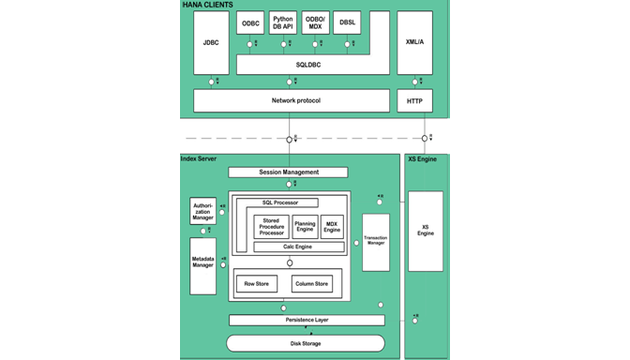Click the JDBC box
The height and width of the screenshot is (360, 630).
[212, 43]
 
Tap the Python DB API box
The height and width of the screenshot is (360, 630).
[283, 22]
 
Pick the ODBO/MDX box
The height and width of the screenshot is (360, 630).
[315, 22]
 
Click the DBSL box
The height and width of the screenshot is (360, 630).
[348, 23]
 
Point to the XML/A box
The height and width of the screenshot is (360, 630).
[414, 43]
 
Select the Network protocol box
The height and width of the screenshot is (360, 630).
[292, 100]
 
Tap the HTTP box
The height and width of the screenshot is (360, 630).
[414, 100]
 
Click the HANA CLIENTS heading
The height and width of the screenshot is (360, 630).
[208, 6]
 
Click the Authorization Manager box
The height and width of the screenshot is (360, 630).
[202, 211]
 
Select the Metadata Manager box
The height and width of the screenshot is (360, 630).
[202, 261]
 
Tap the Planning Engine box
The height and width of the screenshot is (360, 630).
[305, 226]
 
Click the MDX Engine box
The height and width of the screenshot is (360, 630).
[332, 226]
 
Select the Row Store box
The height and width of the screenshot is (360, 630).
[255, 283]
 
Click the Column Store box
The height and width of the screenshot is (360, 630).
[311, 283]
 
